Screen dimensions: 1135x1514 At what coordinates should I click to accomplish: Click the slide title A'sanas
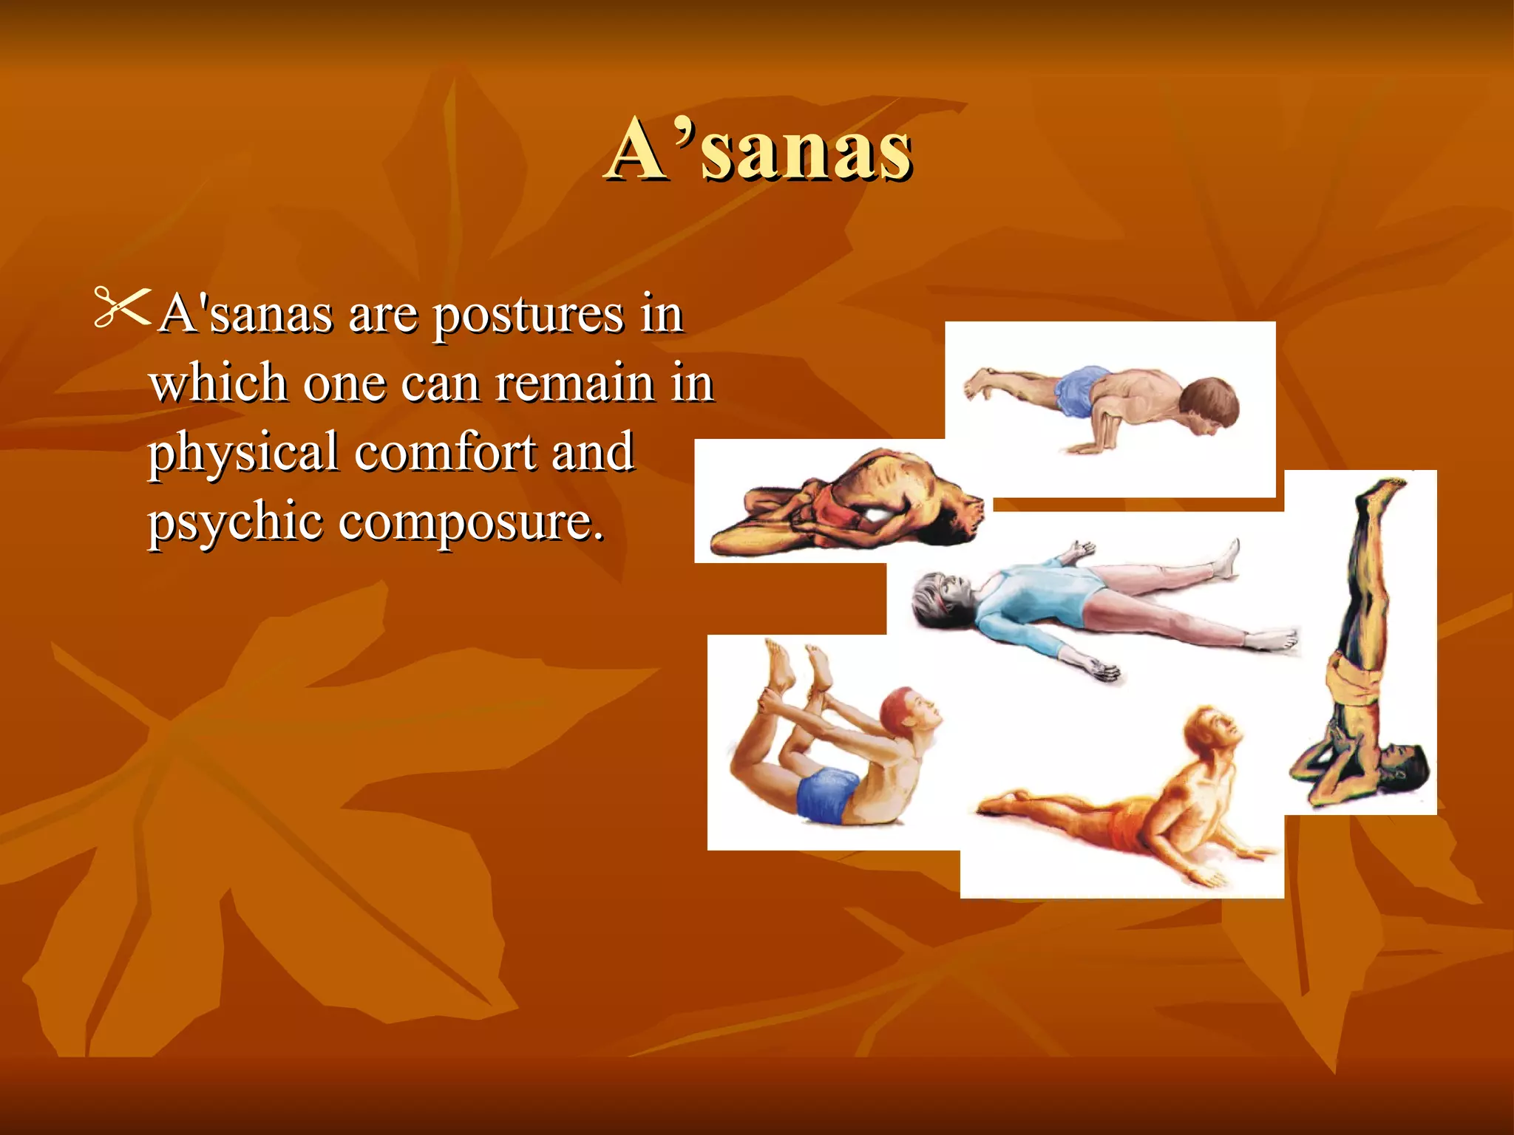pos(759,150)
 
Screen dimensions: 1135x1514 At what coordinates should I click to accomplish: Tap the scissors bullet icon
pos(122,307)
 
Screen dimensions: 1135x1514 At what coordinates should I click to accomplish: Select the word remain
pos(574,384)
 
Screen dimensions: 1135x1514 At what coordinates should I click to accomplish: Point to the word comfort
pos(445,452)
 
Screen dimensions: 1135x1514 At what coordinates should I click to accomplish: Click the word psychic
pos(234,522)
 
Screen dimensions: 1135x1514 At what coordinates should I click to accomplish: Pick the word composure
pos(471,522)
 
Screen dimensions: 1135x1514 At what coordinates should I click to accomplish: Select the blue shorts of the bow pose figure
pos(827,794)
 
